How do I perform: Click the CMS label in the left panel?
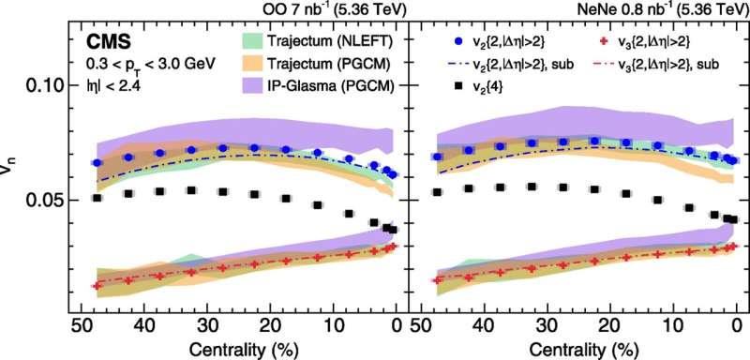[x=109, y=42]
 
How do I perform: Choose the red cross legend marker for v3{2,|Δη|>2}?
[x=604, y=42]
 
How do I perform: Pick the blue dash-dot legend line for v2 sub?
[x=459, y=65]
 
